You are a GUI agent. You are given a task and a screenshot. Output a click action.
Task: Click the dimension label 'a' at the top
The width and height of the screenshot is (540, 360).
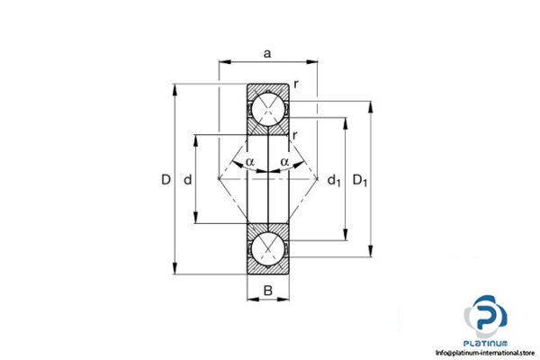[267, 54]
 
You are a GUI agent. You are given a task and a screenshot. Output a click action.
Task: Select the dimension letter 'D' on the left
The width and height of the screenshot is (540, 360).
[166, 180]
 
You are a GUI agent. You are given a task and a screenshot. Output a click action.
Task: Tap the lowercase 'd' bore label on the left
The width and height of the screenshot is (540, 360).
[187, 180]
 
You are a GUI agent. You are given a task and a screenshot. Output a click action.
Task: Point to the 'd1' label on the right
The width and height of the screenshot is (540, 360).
[334, 181]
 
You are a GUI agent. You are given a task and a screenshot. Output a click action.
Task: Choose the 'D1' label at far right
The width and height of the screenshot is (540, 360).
[360, 181]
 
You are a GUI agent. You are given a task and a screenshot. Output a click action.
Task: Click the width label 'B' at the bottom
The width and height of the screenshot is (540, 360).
[268, 290]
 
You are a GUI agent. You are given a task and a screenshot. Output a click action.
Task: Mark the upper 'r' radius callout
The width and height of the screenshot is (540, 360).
[296, 85]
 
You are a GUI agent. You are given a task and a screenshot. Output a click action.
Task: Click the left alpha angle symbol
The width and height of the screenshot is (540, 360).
[249, 162]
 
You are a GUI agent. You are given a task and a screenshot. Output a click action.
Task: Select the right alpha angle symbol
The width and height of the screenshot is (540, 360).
[284, 162]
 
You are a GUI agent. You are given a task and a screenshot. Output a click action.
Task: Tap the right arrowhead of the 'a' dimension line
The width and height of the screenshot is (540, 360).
[314, 62]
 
